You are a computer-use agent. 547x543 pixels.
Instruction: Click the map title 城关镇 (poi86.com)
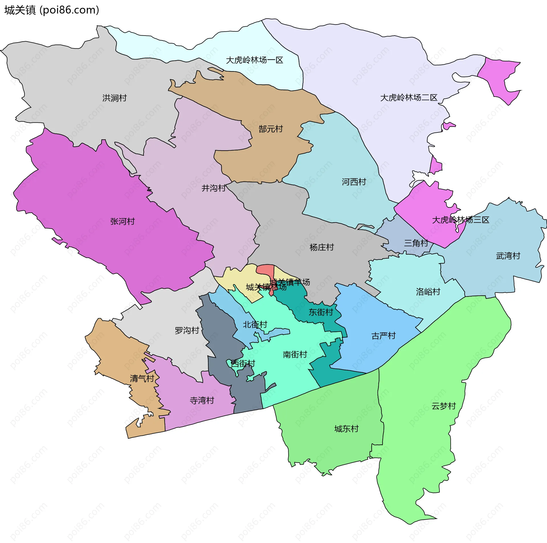[52, 10]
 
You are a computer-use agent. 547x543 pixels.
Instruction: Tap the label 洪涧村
[115, 98]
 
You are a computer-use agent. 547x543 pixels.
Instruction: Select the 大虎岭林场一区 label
[254, 60]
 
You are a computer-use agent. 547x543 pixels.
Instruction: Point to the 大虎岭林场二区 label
[409, 98]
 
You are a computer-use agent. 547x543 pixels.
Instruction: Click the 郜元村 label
[271, 129]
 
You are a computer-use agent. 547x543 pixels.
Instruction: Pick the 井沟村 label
[214, 188]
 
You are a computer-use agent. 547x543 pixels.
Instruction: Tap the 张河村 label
[123, 221]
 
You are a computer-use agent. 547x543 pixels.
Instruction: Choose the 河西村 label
[354, 182]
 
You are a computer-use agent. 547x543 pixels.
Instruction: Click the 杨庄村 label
[322, 247]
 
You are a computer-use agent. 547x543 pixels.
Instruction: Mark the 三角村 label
[416, 243]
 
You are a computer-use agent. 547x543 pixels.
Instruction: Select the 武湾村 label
[508, 256]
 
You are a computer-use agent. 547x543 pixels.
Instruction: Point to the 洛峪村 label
[428, 291]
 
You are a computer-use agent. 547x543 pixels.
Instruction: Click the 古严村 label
[384, 336]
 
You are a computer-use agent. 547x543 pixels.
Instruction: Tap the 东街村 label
[321, 312]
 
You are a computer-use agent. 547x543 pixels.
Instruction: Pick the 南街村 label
[295, 354]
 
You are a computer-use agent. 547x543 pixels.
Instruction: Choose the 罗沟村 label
[187, 330]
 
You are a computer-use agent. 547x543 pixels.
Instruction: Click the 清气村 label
[142, 378]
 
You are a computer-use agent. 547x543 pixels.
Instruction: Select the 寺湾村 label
[202, 401]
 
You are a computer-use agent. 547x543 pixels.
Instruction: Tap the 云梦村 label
[444, 406]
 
